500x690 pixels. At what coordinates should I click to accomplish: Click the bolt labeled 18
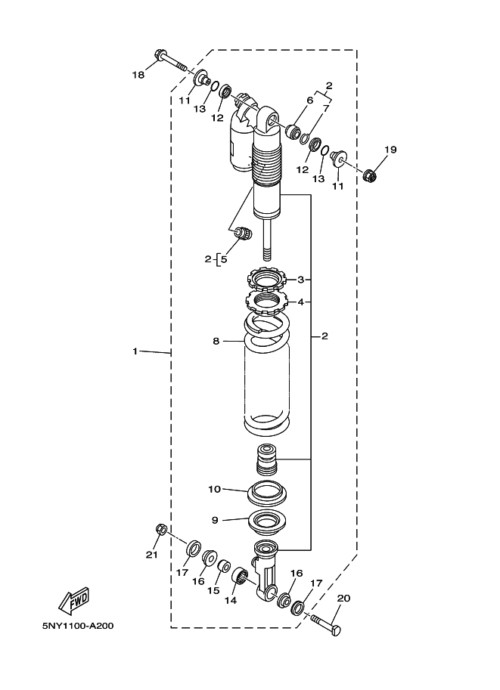click(170, 60)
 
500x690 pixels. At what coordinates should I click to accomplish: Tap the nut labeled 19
click(371, 176)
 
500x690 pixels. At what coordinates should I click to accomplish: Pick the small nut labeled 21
click(161, 529)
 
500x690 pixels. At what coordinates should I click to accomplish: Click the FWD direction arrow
click(74, 600)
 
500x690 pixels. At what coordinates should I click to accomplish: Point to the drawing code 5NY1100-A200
click(78, 625)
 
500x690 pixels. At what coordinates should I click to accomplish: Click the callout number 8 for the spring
click(216, 341)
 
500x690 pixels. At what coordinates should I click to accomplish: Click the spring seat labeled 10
click(268, 493)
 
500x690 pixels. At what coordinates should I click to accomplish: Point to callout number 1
click(135, 351)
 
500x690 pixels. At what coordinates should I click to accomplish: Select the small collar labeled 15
click(224, 566)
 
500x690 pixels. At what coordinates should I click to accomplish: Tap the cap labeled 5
click(243, 233)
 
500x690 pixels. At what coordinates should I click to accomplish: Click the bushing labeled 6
click(293, 132)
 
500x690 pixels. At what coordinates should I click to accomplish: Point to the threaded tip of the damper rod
click(268, 255)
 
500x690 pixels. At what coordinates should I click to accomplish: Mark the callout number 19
click(390, 150)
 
